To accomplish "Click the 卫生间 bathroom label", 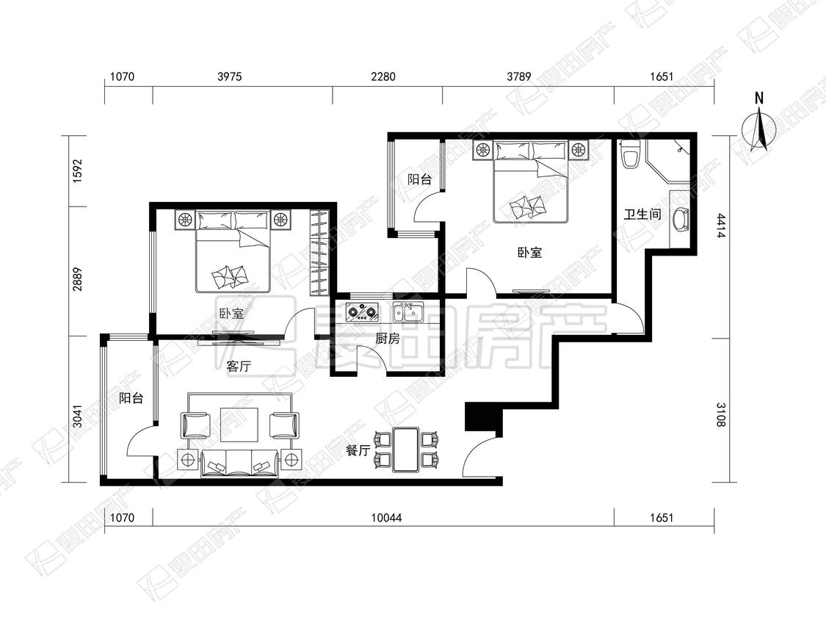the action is coord(642,214).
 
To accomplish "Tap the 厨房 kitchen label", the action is coord(387,339).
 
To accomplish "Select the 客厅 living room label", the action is coord(239,366).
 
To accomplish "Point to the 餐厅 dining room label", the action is coord(358,450).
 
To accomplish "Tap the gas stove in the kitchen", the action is coord(363,311).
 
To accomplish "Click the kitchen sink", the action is coord(408,311).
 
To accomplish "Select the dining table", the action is coord(405,450).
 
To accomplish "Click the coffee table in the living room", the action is coord(239,425).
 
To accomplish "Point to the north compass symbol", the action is coord(759,126).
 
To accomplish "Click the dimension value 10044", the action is coord(386,518).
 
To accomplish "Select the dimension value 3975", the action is coord(230,77).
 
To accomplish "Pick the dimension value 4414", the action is coord(721,225).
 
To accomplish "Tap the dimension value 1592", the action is coord(78,171).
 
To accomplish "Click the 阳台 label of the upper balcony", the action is coord(420,179).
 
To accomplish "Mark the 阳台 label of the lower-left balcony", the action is coord(131,398).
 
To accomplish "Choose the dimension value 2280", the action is coord(383,77).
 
